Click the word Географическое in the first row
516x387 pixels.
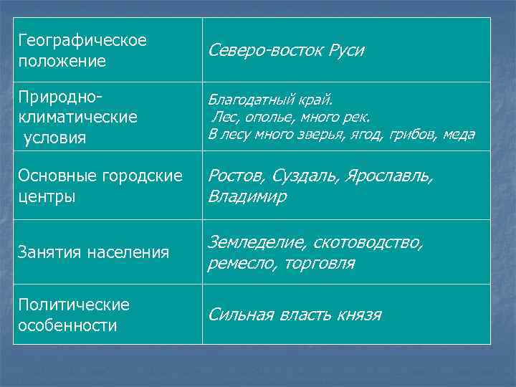pos(82,40)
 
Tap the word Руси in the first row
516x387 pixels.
pos(346,51)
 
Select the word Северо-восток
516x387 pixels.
pos(265,51)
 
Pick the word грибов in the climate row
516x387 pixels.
pos(415,134)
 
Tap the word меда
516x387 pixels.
pos(459,134)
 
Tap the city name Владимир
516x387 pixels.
pos(248,196)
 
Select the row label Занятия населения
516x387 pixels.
pos(92,252)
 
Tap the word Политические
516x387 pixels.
pos(72,305)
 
